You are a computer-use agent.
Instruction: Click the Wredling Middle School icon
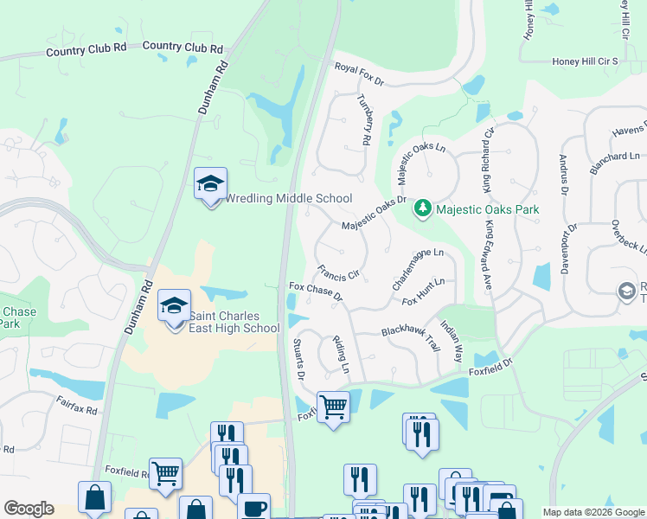[x=210, y=185]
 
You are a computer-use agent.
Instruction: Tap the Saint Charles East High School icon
[x=175, y=307]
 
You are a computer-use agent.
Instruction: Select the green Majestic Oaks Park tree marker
[x=423, y=208]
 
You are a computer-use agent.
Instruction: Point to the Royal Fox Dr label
[x=359, y=74]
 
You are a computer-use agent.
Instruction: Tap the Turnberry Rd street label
[x=365, y=119]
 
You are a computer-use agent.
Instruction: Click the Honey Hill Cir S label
[x=586, y=62]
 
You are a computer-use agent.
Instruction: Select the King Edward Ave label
[x=489, y=256]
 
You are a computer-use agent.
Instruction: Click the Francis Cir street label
[x=338, y=274]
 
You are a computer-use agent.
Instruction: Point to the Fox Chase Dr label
[x=316, y=292]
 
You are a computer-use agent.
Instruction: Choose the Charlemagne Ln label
[x=418, y=269]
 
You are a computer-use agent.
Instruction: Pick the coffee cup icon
[x=253, y=507]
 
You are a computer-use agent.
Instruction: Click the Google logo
[x=29, y=509]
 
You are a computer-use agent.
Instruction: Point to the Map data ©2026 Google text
[x=593, y=512]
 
